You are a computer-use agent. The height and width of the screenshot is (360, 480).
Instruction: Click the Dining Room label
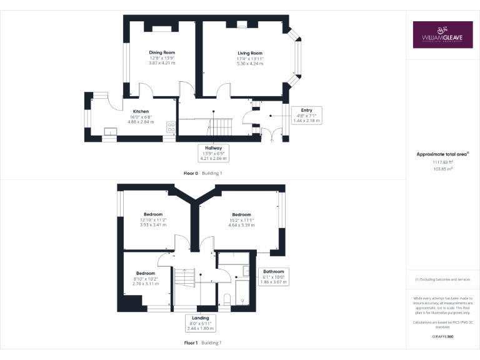coord(162,52)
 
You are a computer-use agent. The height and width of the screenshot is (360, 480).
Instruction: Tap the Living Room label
coord(249,53)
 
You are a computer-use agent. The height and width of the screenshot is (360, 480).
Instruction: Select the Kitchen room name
coord(140,111)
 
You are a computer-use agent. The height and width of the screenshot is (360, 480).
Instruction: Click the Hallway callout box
coord(213,151)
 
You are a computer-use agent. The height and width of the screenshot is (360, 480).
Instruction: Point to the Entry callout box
coord(306,116)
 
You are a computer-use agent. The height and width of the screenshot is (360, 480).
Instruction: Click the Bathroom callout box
coord(273,277)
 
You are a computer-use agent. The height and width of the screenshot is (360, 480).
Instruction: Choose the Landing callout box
coord(200,322)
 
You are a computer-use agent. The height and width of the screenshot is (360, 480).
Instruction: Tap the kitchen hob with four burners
coord(171,126)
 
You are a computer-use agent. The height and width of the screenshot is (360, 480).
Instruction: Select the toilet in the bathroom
coord(226,298)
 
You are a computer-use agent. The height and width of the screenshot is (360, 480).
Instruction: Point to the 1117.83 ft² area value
coord(442,162)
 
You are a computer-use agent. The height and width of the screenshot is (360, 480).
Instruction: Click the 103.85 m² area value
coord(442,169)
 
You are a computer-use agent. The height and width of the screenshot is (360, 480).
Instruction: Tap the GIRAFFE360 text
coord(442,336)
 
